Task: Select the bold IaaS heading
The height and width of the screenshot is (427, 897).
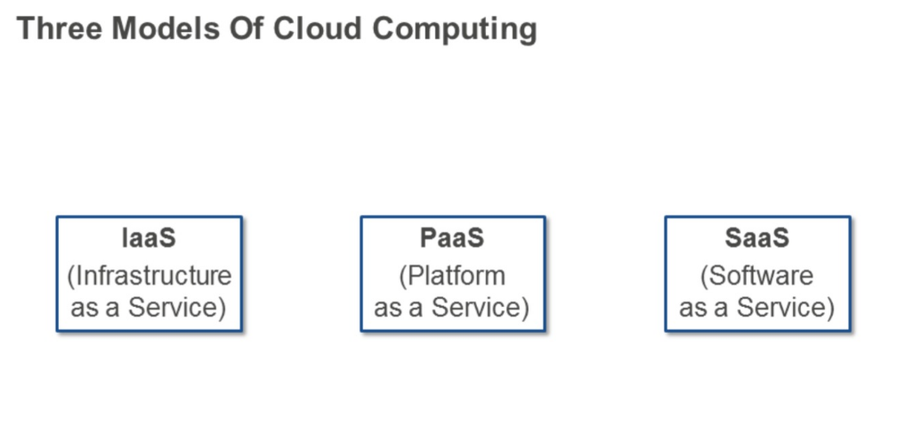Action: pos(149,239)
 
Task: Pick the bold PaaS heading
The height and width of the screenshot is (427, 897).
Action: pos(452,239)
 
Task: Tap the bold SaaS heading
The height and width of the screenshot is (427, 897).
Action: pos(757,239)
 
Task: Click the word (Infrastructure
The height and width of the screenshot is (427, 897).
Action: pos(149,276)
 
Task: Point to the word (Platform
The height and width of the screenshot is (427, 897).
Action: pos(452,276)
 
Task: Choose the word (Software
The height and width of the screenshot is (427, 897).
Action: pos(757,276)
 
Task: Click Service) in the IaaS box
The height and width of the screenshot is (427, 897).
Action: pos(178,308)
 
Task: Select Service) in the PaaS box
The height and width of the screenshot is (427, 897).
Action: pos(481,308)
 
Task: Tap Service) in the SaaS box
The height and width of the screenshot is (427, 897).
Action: pos(787,308)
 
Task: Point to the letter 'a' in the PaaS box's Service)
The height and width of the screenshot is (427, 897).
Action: pos(417,308)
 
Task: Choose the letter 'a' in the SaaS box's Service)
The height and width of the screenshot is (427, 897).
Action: pos(723,308)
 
